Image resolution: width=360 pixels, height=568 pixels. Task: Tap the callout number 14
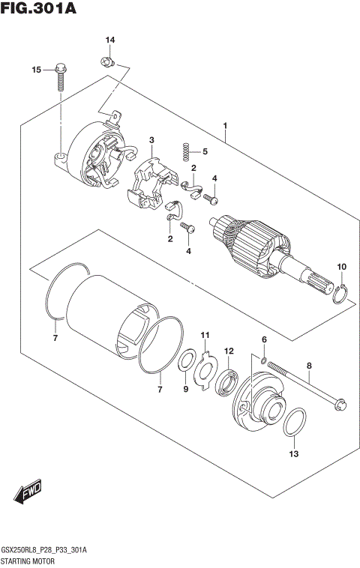click(x=110, y=40)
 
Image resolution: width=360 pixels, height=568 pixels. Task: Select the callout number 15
click(x=35, y=70)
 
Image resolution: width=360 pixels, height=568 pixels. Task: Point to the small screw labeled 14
click(x=108, y=57)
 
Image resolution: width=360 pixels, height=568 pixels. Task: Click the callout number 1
click(x=224, y=125)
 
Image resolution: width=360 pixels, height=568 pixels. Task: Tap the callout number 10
click(x=341, y=267)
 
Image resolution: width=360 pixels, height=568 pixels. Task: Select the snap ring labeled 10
click(x=340, y=294)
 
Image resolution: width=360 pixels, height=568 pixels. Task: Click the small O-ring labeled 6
click(x=264, y=362)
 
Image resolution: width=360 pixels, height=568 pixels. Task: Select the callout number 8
click(x=308, y=366)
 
